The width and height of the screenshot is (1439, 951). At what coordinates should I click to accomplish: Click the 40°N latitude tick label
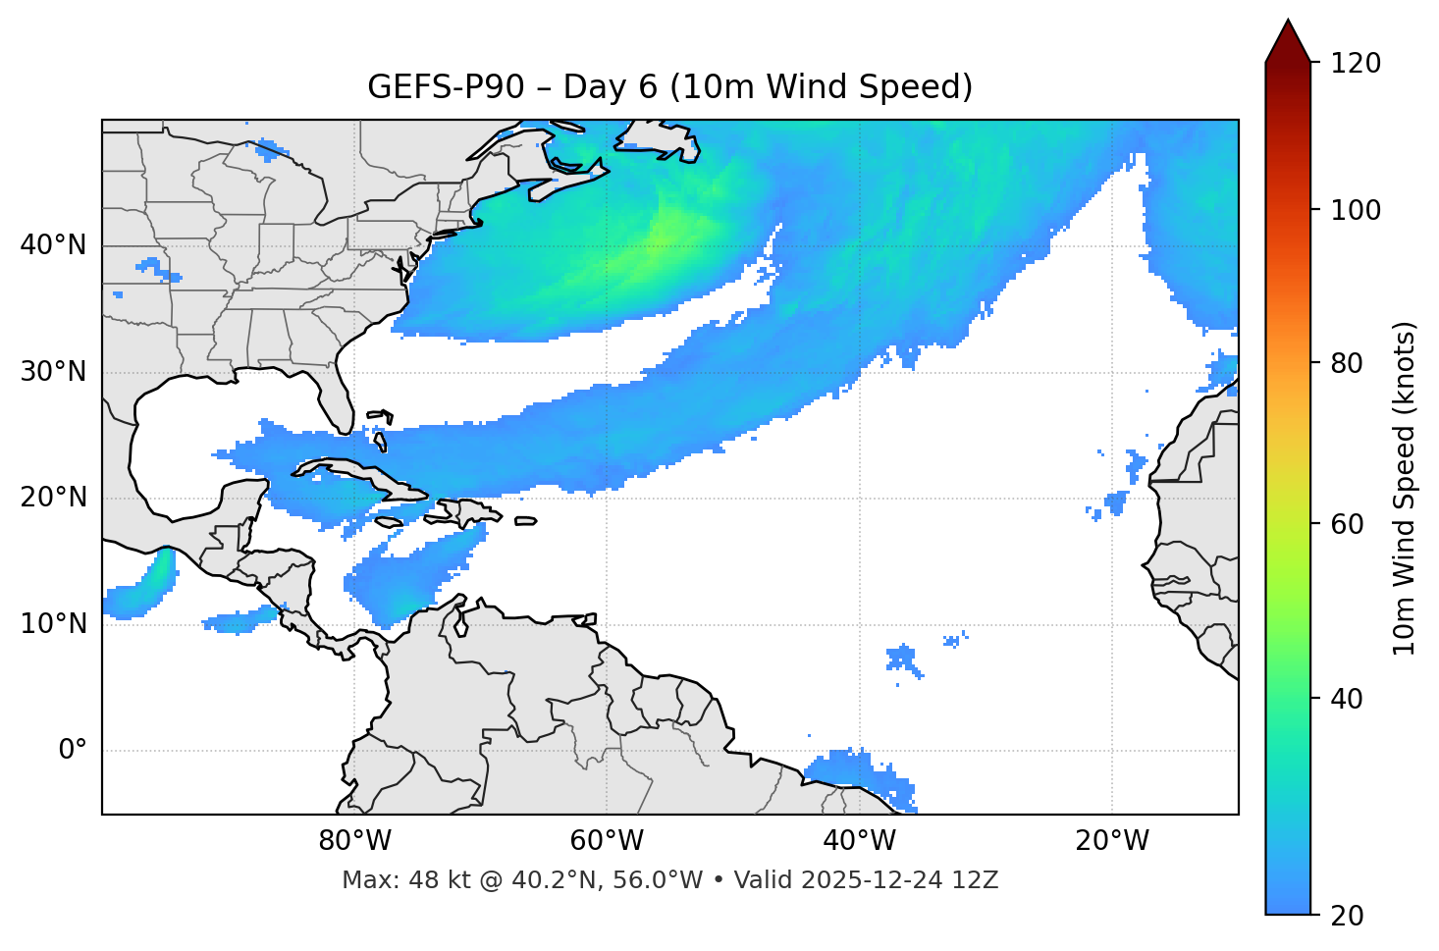click(x=53, y=245)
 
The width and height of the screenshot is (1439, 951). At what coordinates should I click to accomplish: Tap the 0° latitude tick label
click(x=73, y=751)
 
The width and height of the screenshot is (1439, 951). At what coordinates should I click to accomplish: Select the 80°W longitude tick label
click(x=354, y=841)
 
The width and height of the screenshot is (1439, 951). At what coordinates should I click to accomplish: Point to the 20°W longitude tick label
click(x=1112, y=841)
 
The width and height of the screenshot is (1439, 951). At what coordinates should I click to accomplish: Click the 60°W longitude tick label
click(x=607, y=841)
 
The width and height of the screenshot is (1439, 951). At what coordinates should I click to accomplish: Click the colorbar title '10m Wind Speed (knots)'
click(x=1405, y=488)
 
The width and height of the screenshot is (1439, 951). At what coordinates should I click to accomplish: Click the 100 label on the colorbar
click(x=1354, y=210)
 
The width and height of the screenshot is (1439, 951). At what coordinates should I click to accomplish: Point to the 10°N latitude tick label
click(x=53, y=624)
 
